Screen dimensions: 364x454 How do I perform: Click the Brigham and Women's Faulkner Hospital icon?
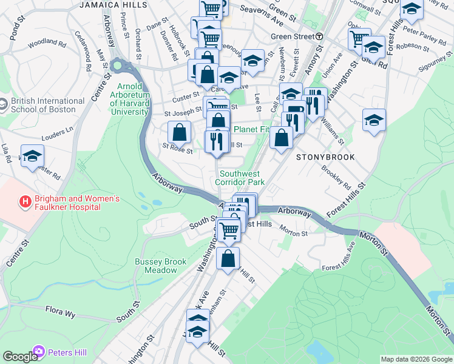click(25, 201)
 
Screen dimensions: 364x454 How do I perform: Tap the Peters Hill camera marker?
click(39, 351)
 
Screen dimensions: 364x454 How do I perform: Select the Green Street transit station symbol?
click(319, 36)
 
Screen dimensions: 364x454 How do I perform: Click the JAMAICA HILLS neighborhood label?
click(114, 5)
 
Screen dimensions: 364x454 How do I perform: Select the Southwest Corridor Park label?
click(242, 178)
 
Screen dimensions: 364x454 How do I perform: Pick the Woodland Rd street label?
click(47, 43)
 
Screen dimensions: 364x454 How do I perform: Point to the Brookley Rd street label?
click(336, 176)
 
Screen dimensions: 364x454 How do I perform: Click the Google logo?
click(20, 357)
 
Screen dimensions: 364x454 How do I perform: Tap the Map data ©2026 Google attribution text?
click(416, 359)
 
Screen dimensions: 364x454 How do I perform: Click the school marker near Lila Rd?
click(33, 155)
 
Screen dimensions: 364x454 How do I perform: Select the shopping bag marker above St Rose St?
click(180, 131)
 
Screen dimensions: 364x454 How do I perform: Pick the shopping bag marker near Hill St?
click(228, 258)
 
